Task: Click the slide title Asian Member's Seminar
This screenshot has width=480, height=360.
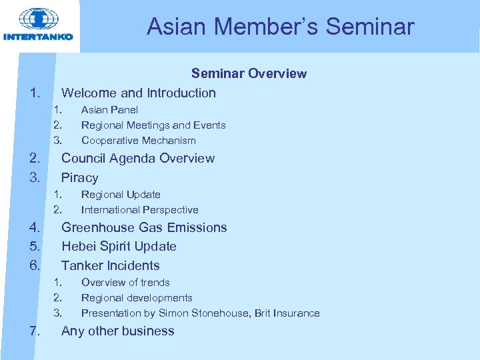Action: [280, 27]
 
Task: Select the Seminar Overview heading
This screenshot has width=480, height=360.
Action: [249, 73]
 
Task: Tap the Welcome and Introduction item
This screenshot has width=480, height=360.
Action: [138, 93]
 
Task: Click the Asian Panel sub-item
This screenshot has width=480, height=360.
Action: [109, 110]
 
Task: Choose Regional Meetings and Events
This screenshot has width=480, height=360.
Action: [153, 125]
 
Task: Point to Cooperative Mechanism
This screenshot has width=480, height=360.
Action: [138, 141]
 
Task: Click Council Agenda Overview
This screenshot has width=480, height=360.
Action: [137, 159]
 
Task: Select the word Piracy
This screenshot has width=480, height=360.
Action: [79, 178]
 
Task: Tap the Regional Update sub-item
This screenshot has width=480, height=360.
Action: [121, 195]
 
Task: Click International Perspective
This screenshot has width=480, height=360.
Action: [139, 210]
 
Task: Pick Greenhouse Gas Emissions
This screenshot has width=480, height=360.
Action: [144, 228]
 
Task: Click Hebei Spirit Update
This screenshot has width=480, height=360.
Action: [119, 247]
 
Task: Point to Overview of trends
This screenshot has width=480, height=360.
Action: [125, 283]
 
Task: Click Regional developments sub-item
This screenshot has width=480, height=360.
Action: [137, 298]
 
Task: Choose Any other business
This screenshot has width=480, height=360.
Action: [117, 331]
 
